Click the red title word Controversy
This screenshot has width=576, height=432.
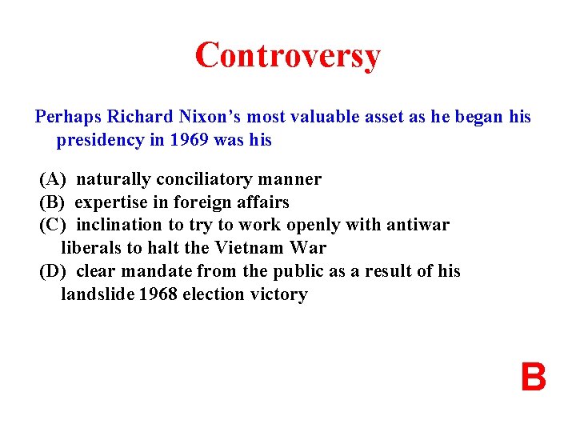pyautogui.click(x=287, y=55)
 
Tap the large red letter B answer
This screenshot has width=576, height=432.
pyautogui.click(x=533, y=378)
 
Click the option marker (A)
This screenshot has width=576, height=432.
pyautogui.click(x=53, y=179)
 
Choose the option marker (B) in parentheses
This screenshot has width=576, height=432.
pyautogui.click(x=52, y=202)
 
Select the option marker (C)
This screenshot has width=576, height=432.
pyautogui.click(x=53, y=226)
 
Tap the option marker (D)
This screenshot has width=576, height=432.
pyautogui.click(x=53, y=271)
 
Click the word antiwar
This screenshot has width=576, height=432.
pyautogui.click(x=419, y=226)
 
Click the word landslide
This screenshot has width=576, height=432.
pyautogui.click(x=98, y=294)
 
